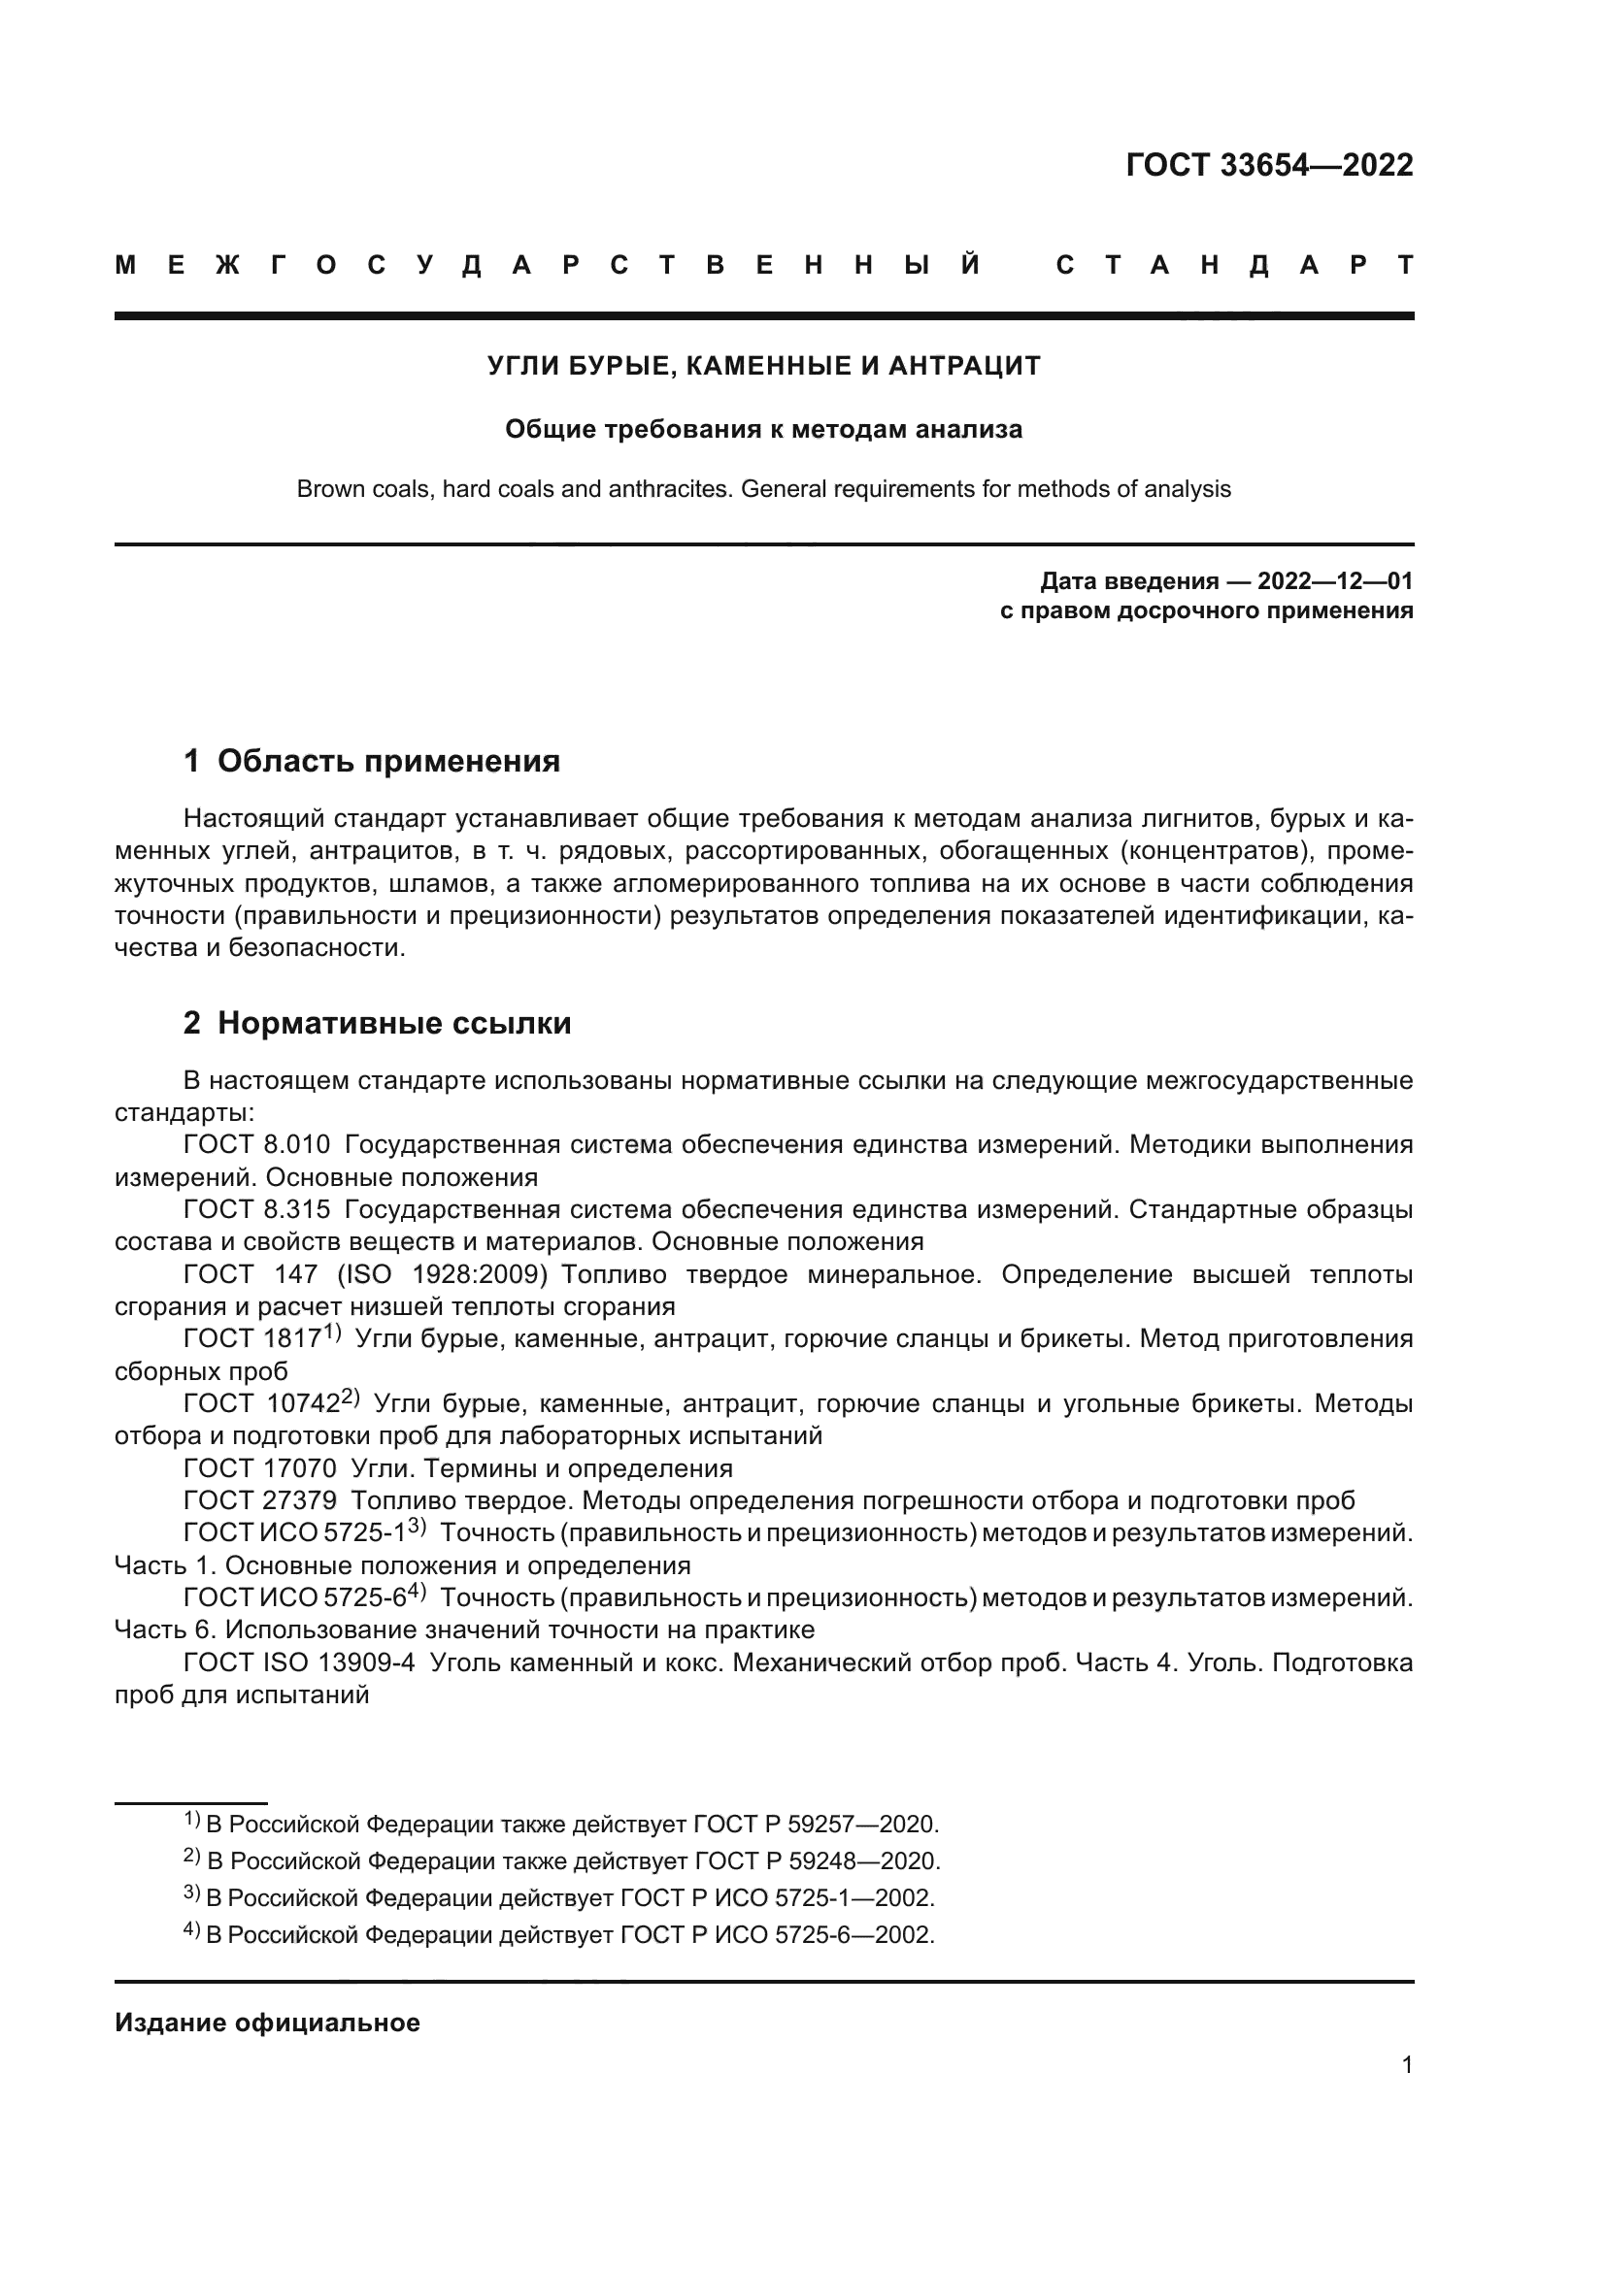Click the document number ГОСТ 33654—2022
coord(1269,165)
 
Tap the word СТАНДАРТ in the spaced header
coord(1234,266)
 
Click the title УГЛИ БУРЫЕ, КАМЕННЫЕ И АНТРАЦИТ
coord(763,367)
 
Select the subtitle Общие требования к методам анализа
coord(763,430)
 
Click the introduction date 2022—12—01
coord(1334,581)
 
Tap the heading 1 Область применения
coord(372,761)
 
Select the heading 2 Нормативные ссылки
coord(377,1023)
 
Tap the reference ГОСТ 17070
coord(260,1468)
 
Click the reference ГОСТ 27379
coord(260,1500)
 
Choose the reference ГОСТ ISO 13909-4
coord(300,1663)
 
